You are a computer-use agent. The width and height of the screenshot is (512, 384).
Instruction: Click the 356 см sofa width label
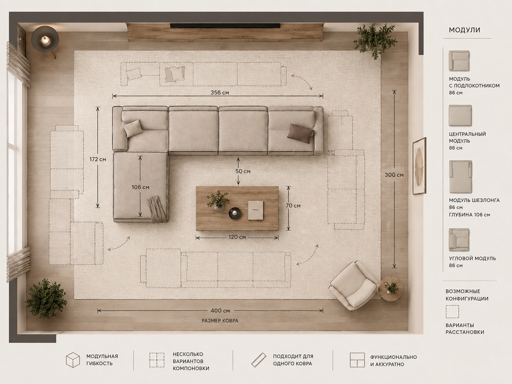[x=220, y=93]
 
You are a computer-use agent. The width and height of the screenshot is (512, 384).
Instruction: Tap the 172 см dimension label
[x=98, y=159]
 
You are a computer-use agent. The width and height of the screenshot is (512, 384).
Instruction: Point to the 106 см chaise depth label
[x=140, y=187]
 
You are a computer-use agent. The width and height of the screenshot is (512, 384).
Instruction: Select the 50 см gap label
[x=243, y=171]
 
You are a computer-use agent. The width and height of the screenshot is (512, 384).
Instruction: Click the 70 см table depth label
[x=293, y=206]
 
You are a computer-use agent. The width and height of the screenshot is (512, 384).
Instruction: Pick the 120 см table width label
[x=237, y=237]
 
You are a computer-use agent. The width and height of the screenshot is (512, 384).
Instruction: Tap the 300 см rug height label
[x=394, y=175]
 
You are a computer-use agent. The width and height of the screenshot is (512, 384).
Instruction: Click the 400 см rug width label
[x=220, y=311]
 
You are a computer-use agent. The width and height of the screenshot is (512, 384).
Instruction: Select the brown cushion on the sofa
[x=301, y=133]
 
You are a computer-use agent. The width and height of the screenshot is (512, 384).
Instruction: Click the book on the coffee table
[x=255, y=210]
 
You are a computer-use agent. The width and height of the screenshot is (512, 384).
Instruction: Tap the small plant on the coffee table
[x=218, y=200]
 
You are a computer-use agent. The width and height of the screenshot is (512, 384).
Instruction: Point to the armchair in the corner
[x=354, y=285]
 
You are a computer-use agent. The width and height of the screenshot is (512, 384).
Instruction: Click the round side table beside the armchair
[x=391, y=288]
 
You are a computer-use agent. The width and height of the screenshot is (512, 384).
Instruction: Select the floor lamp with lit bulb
[x=45, y=40]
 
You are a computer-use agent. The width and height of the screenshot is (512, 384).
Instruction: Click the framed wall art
[x=419, y=166]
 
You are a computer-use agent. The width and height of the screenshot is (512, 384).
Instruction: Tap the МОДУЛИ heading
[x=464, y=30]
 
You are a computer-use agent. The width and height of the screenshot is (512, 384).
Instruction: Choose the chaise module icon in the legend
[x=460, y=176]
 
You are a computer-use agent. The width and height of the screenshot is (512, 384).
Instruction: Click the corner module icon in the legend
[x=459, y=240]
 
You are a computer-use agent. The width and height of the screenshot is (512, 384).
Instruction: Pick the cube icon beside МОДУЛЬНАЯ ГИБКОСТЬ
[x=73, y=360]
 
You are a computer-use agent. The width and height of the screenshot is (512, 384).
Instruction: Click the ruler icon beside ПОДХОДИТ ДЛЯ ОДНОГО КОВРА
[x=259, y=359]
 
